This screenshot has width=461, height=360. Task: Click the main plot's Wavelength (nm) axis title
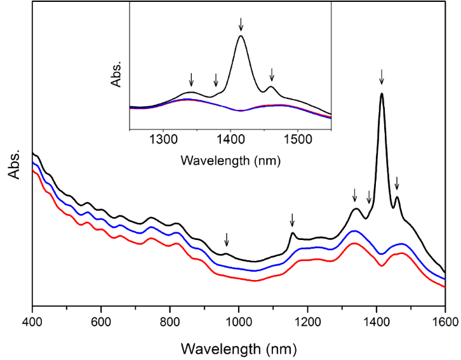(x=238, y=348)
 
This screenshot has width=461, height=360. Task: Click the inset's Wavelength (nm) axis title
(x=230, y=161)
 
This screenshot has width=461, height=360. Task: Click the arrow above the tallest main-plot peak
(x=382, y=77)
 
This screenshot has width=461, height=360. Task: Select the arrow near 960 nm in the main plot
(x=227, y=239)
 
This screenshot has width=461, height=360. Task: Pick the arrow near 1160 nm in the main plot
(x=292, y=220)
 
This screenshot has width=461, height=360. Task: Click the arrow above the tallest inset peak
(x=241, y=24)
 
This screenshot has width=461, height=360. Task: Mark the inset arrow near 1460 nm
(x=272, y=74)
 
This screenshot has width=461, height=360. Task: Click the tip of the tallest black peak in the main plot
(x=382, y=94)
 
